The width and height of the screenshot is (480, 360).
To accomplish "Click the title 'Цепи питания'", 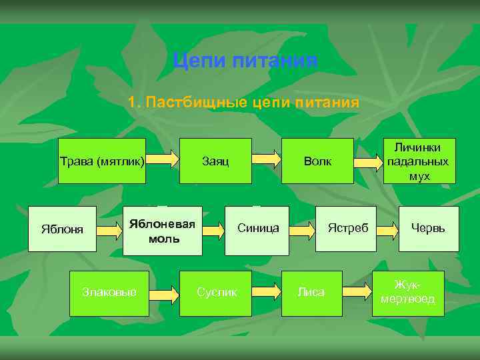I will tap(245, 62).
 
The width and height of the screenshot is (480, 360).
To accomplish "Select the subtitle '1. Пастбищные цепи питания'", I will tap(243, 103).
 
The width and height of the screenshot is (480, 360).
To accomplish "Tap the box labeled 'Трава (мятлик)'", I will tap(102, 161).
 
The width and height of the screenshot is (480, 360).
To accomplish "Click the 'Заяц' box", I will tap(215, 161).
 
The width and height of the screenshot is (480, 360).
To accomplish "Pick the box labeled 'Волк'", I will tap(317, 161).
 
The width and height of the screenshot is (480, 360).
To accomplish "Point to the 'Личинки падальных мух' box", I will tap(417, 161).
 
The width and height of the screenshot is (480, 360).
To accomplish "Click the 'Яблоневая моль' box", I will tap(163, 230).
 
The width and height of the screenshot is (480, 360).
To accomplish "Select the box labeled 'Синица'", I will tap(257, 230).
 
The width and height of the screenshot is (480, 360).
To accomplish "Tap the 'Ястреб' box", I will tap(347, 229).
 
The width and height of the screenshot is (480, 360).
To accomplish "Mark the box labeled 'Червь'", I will tap(429, 229).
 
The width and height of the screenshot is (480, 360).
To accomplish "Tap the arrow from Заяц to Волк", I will tap(267, 159).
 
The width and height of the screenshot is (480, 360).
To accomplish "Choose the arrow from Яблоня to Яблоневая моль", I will tap(110, 231).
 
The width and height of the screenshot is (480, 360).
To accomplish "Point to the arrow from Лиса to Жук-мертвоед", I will tap(357, 291).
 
